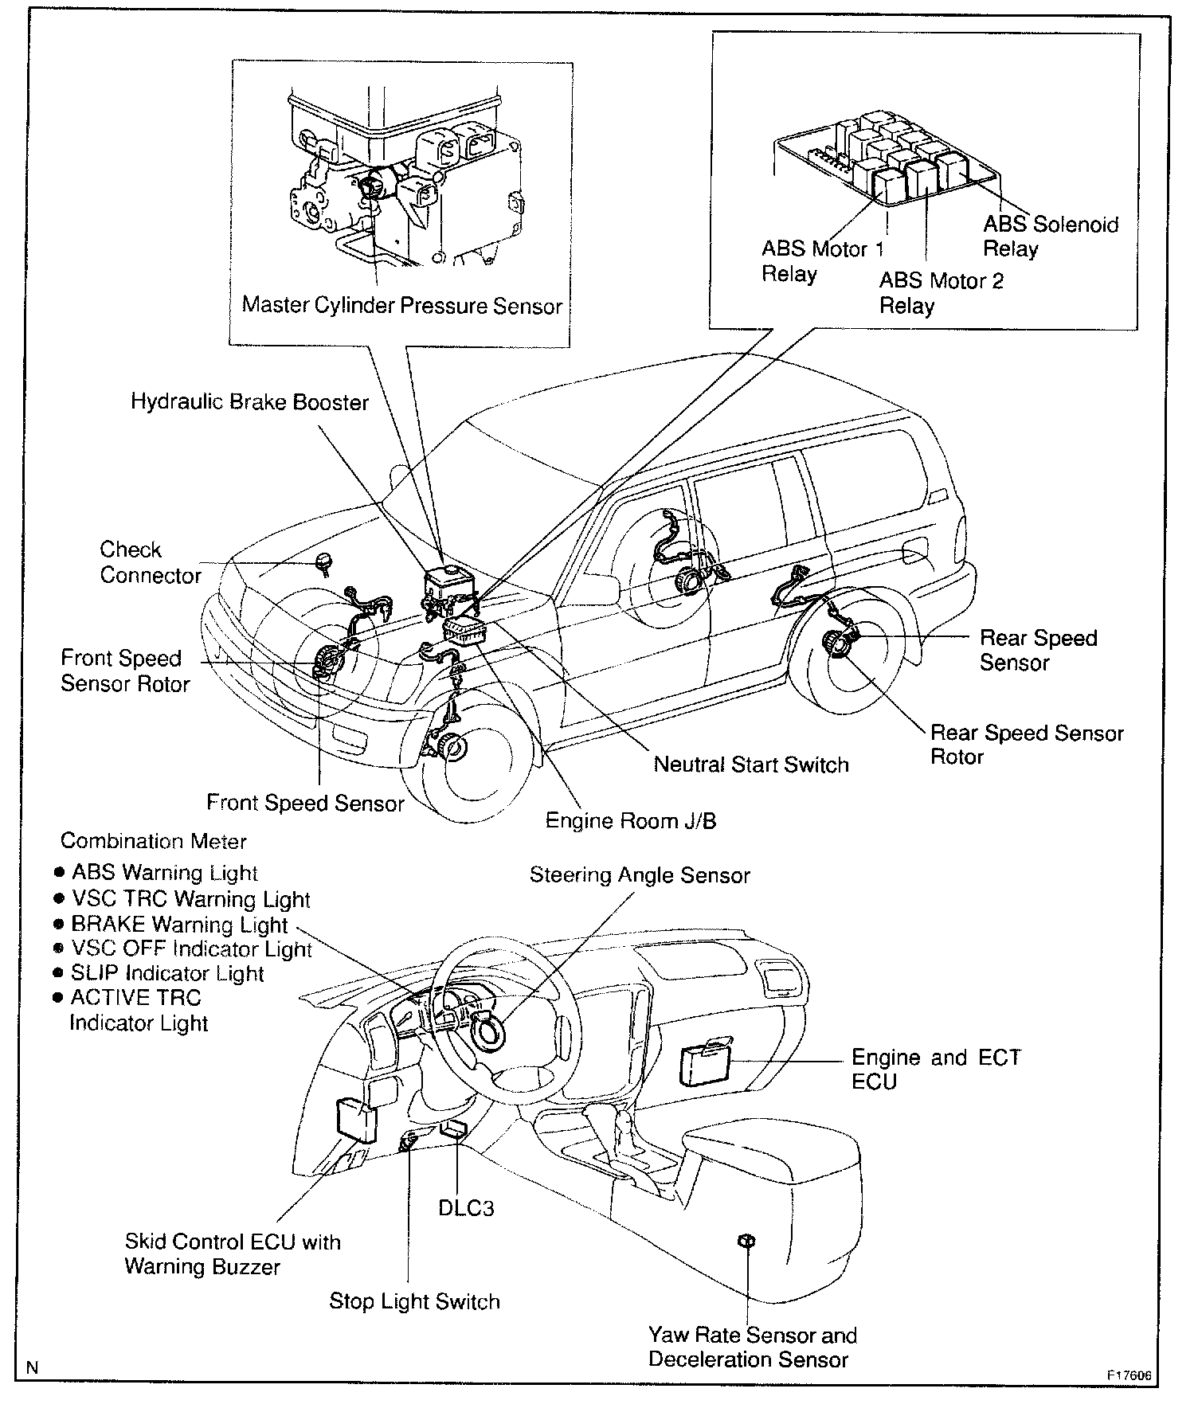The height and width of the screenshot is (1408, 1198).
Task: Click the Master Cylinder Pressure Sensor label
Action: tap(401, 306)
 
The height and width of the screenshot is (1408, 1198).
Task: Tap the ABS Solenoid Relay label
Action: tap(1050, 237)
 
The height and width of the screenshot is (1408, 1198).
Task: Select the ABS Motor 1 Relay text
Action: tap(822, 261)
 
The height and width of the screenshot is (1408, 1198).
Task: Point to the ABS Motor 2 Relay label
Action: tap(941, 293)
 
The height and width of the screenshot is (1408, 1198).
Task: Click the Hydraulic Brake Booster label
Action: tap(249, 401)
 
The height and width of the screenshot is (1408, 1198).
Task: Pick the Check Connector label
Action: tap(150, 562)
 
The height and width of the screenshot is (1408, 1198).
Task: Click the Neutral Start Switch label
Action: tap(750, 765)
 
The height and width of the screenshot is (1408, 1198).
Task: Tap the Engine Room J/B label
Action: tap(630, 820)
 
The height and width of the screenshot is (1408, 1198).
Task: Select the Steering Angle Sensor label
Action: tap(640, 875)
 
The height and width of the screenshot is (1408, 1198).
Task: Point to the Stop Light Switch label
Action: tap(414, 1301)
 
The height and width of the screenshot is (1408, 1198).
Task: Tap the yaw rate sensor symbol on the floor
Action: tap(746, 1242)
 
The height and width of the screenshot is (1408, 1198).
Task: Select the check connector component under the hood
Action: tap(324, 561)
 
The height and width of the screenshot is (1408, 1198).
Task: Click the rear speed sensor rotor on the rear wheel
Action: tap(839, 642)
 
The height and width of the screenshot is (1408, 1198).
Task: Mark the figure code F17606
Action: tap(1128, 1375)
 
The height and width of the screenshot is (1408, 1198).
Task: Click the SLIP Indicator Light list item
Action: tap(166, 973)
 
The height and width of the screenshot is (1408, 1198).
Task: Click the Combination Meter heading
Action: tap(154, 841)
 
